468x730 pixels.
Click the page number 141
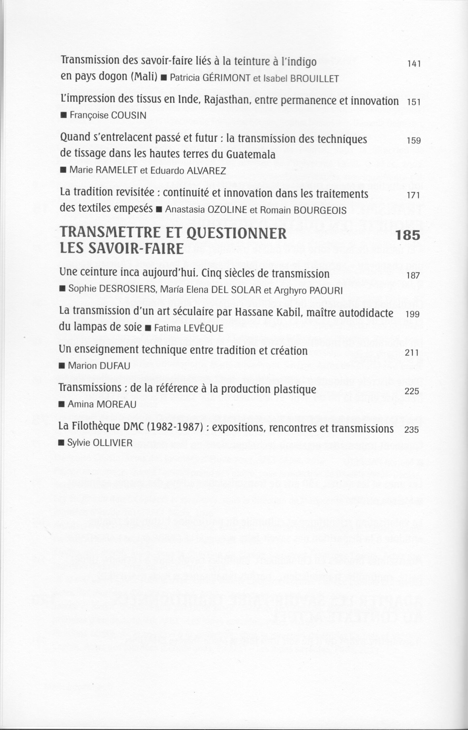tap(413, 64)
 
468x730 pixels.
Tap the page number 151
tap(413, 102)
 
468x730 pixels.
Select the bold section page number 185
tap(408, 235)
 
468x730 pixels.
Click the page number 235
tap(412, 430)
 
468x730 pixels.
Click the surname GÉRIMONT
tap(226, 78)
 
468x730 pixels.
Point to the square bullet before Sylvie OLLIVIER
tap(61, 443)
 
